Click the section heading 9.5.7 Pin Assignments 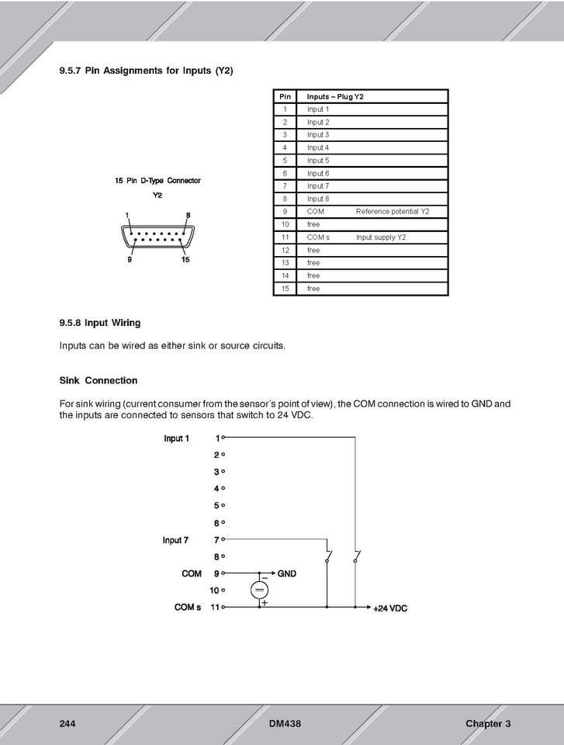click(x=146, y=71)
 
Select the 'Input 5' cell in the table click(x=318, y=161)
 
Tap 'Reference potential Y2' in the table click(x=392, y=212)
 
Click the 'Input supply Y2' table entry click(x=380, y=237)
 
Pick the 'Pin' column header click(x=285, y=97)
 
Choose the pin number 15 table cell click(x=285, y=289)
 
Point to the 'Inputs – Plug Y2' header click(x=335, y=97)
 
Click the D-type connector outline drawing click(x=157, y=235)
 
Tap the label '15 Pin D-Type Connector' click(x=157, y=181)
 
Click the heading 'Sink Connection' click(x=99, y=381)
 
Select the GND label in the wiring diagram click(x=286, y=574)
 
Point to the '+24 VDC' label click(x=390, y=608)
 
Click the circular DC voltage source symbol click(x=259, y=591)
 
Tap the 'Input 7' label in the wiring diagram click(x=175, y=540)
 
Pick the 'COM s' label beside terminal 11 click(x=188, y=608)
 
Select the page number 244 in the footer click(x=67, y=724)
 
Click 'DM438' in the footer click(x=285, y=724)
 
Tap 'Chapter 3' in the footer click(x=488, y=724)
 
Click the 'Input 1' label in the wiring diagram click(x=177, y=438)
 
